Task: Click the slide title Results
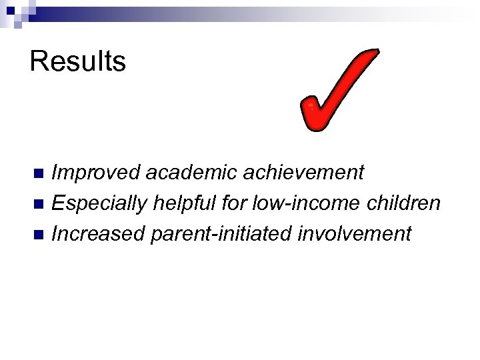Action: point(78,61)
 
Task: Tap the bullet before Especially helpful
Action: point(39,204)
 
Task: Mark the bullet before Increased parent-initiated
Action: point(39,234)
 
